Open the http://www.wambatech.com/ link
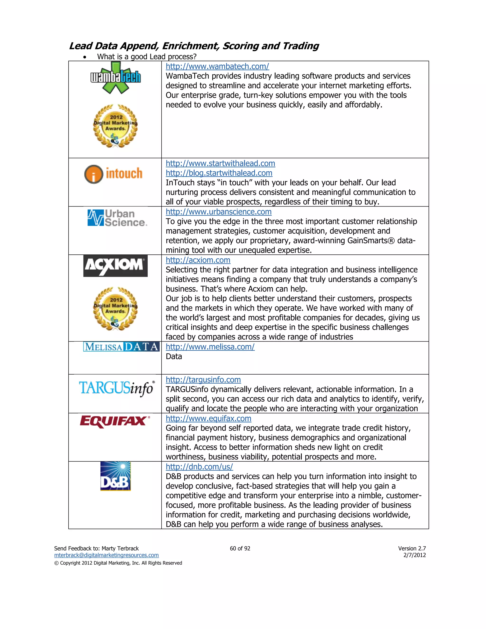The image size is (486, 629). coord(217,66)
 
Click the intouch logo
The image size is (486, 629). coord(113,174)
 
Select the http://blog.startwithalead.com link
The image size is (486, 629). coord(219,173)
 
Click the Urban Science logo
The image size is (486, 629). coord(117,218)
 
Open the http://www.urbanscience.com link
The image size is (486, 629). coord(219,212)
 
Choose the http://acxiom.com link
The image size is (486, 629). coord(198,260)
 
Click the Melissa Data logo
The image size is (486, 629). coord(121,347)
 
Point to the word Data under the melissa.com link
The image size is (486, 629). coord(174,357)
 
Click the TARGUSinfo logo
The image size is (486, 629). coord(117,388)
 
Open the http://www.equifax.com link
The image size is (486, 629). coord(208,418)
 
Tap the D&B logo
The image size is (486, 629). coord(116,476)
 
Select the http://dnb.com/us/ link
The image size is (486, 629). coord(199,467)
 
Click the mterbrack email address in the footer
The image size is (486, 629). coord(106,555)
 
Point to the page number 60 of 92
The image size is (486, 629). coord(240,548)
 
